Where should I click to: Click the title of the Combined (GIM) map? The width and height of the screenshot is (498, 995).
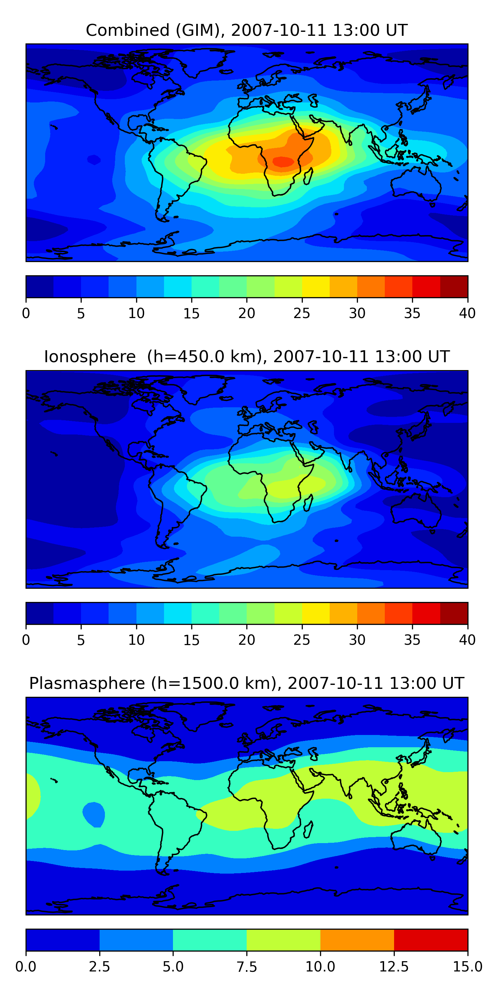(x=247, y=30)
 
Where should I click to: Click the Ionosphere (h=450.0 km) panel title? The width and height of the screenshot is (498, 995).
(x=247, y=357)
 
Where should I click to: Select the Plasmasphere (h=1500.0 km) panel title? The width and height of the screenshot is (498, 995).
(x=247, y=683)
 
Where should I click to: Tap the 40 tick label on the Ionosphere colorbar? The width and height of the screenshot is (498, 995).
(x=467, y=640)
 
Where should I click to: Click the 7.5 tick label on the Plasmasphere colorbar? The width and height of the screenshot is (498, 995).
(x=247, y=967)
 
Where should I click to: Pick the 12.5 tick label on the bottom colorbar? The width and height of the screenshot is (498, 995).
(x=394, y=967)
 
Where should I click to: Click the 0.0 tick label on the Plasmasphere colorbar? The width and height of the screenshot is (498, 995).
(x=26, y=967)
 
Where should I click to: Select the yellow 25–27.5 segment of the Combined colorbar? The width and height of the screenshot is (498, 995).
(x=316, y=287)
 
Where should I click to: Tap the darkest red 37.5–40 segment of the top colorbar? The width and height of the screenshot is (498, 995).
(x=454, y=287)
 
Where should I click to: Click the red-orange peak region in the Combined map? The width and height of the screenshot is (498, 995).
(x=284, y=162)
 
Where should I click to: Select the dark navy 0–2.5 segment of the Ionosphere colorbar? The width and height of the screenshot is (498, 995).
(x=40, y=613)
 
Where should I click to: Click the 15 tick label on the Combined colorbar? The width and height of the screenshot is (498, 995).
(x=191, y=313)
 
